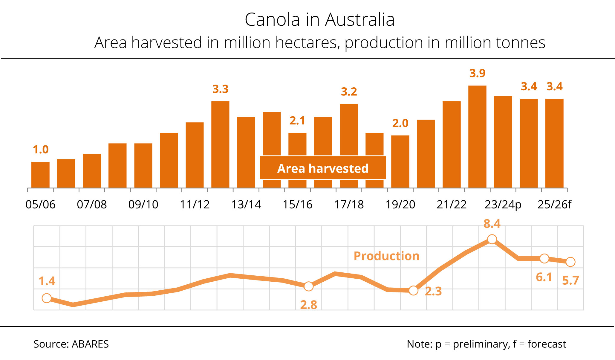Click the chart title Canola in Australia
click(x=319, y=20)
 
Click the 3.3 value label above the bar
click(x=220, y=89)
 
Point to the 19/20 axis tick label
click(x=400, y=205)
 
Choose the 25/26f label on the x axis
click(x=554, y=205)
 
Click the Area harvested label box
click(x=323, y=168)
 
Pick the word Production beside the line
click(x=386, y=256)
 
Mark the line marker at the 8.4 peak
click(x=492, y=239)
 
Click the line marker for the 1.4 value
click(x=47, y=298)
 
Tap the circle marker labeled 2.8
click(x=309, y=286)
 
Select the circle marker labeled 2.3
click(x=413, y=290)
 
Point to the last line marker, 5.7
click(x=570, y=262)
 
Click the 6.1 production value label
click(x=544, y=277)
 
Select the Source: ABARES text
click(x=71, y=344)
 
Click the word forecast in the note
click(x=547, y=344)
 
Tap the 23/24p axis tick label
click(x=503, y=205)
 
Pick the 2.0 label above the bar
click(x=400, y=123)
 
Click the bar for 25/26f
click(x=554, y=143)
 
